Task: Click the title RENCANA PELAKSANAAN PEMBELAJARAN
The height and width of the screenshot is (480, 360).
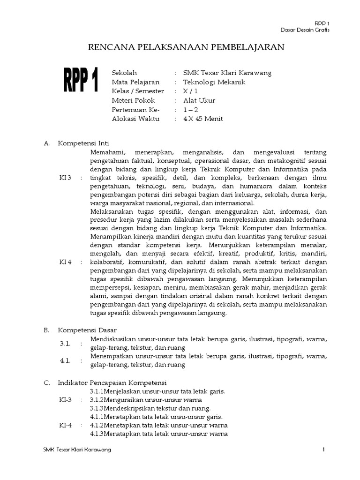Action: point(187,47)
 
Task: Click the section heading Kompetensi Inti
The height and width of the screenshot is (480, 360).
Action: point(83,143)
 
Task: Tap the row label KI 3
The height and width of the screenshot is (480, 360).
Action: point(65,178)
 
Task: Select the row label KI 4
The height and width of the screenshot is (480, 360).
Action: point(65,262)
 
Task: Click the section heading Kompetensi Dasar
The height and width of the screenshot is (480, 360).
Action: point(87,330)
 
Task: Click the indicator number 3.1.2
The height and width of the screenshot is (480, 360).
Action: point(97,400)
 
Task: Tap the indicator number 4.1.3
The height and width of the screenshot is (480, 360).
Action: point(97,434)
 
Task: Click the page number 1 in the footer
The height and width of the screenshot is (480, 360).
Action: point(323,450)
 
